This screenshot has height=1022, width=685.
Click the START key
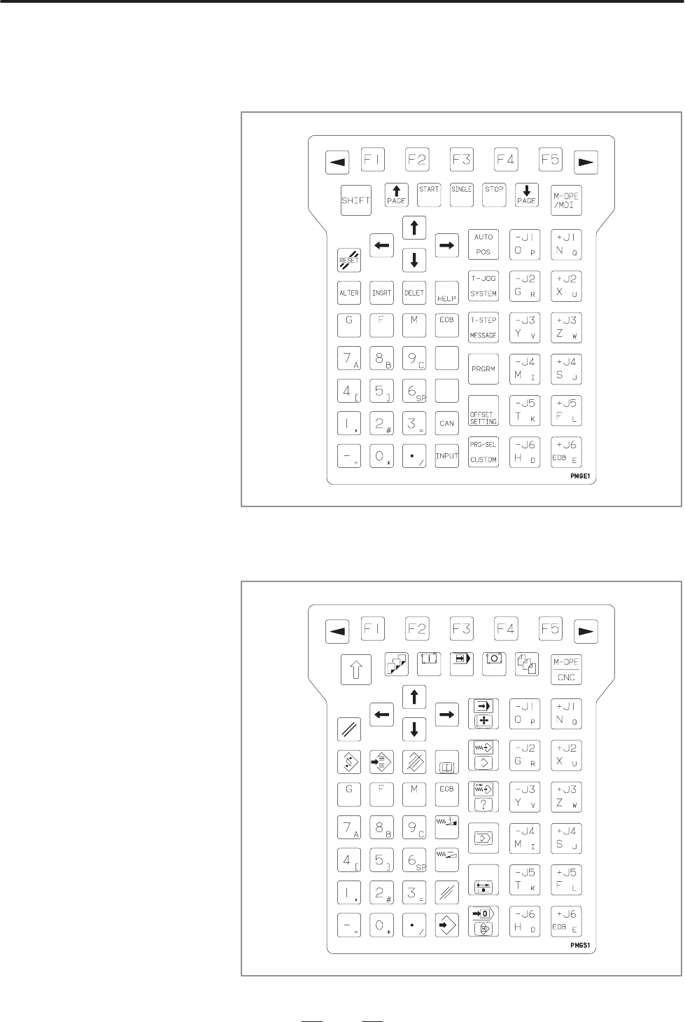click(429, 195)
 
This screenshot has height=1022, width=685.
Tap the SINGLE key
click(461, 195)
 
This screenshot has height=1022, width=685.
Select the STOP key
click(494, 195)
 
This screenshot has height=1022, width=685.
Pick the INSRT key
click(381, 292)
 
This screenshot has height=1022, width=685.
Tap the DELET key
click(414, 292)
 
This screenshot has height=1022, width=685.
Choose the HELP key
click(446, 293)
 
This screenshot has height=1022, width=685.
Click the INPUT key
click(446, 455)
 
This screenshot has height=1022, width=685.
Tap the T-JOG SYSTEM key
click(483, 286)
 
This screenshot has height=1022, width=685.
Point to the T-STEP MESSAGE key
click(483, 327)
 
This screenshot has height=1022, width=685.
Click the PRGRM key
click(483, 369)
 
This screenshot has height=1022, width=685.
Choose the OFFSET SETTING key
click(483, 411)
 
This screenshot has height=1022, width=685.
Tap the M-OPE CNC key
click(566, 670)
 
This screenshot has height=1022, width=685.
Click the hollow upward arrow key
click(355, 670)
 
